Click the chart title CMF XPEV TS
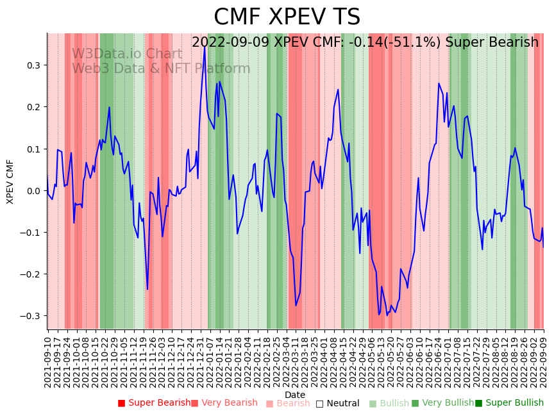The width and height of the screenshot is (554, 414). click(x=287, y=17)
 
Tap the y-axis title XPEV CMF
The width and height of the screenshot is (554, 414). click(x=10, y=182)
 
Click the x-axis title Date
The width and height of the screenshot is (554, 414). click(x=295, y=395)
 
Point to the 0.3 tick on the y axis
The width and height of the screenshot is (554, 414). click(x=33, y=65)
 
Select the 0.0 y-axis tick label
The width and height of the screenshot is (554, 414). click(x=33, y=191)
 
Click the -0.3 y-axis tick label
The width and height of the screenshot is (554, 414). click(x=31, y=316)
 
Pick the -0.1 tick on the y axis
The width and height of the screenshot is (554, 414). click(x=31, y=233)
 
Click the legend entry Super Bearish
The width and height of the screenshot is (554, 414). click(x=154, y=403)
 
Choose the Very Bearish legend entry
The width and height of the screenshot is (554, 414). click(x=224, y=403)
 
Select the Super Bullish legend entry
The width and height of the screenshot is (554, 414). click(x=509, y=403)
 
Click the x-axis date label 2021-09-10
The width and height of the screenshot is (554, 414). click(x=48, y=362)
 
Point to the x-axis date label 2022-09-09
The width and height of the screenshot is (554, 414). click(x=544, y=362)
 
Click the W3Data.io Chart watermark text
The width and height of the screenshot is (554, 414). click(x=127, y=54)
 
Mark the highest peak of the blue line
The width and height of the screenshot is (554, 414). click(x=205, y=47)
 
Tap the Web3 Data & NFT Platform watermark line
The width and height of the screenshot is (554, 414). click(x=161, y=69)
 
